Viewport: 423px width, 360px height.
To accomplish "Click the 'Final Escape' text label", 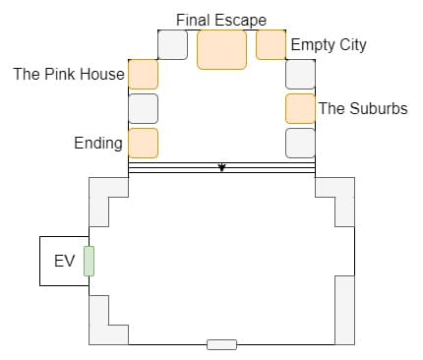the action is pos(221,21).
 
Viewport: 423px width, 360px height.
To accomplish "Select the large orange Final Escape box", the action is pos(221,49).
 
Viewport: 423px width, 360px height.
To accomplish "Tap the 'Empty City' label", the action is pos(329,45).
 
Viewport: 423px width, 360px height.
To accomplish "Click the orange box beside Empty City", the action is pos(271,45).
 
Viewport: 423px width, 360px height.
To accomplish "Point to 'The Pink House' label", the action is pos(69,74).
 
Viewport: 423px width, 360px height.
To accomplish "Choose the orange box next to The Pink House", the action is pos(143,75).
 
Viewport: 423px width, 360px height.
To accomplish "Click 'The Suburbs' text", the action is pos(363,108).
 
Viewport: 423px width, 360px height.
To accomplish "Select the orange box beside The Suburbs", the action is pos(300,109).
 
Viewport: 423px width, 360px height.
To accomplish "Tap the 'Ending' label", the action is pos(98,144).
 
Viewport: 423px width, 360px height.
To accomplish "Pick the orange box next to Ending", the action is pos(143,144).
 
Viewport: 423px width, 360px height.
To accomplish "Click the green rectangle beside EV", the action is pos(89,261).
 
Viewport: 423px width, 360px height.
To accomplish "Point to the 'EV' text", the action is pos(64,262).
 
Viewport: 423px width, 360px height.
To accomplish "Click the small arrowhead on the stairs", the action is pos(222,167).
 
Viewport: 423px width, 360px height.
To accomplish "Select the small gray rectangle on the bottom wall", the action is pos(221,344).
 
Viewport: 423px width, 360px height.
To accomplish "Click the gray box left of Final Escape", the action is pos(172,45).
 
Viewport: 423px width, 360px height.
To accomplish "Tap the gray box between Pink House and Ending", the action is pos(143,109).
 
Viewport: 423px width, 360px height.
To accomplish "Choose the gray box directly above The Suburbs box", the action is pos(300,75).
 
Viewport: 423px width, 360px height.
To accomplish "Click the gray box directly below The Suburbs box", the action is pos(300,144).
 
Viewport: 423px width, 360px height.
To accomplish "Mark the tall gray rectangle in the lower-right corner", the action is pos(344,310).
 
